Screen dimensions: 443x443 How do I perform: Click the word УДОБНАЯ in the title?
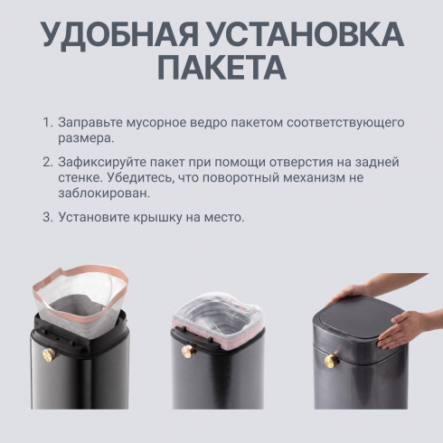click(x=119, y=34)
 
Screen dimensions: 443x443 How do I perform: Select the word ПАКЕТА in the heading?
click(x=221, y=67)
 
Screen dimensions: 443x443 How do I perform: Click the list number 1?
click(x=48, y=123)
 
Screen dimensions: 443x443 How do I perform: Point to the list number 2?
click(x=48, y=162)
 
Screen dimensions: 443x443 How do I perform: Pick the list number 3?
click(x=48, y=217)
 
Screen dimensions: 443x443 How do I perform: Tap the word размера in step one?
click(x=86, y=139)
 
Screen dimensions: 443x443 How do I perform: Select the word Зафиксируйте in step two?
click(x=101, y=163)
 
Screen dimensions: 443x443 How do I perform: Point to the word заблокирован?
click(x=104, y=193)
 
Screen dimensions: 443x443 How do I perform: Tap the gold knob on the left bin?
click(x=47, y=353)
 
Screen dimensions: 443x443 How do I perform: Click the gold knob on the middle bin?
click(x=187, y=351)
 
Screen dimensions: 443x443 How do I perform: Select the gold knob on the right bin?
click(x=331, y=361)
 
